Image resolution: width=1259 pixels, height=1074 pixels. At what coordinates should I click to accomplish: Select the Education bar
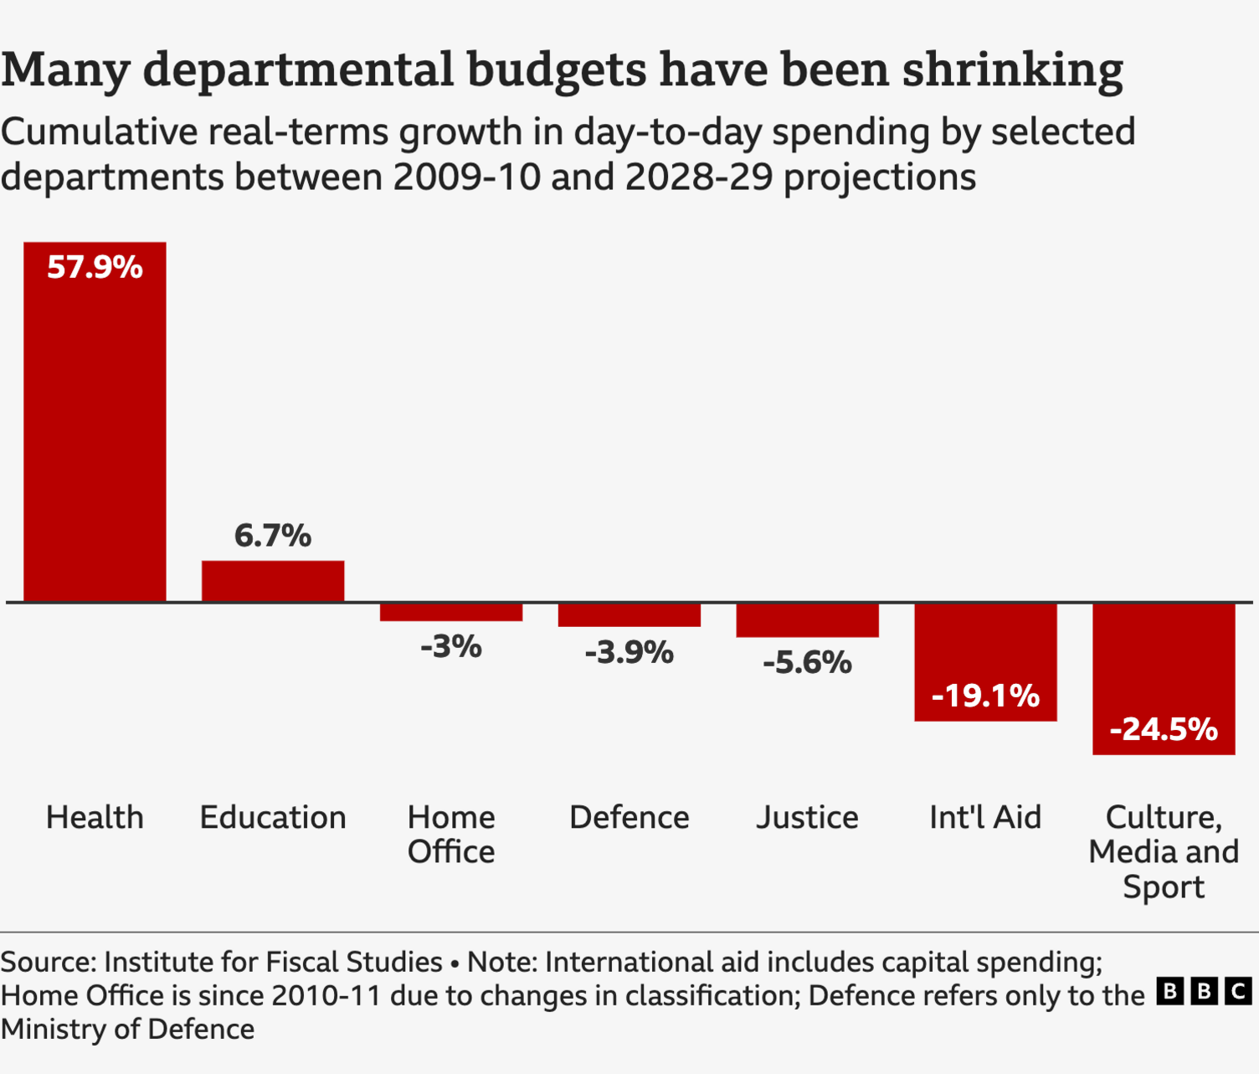(x=273, y=581)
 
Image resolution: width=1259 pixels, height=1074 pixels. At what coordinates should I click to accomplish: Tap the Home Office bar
(x=451, y=612)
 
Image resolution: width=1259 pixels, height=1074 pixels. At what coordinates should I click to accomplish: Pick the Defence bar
(x=629, y=614)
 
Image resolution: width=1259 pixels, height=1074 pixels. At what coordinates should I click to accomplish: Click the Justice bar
(x=808, y=620)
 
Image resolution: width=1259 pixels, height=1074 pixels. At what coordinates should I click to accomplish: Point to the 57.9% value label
(x=95, y=268)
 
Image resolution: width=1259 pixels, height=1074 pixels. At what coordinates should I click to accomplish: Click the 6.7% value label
(x=273, y=536)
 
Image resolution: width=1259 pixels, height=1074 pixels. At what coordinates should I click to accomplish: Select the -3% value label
(x=451, y=647)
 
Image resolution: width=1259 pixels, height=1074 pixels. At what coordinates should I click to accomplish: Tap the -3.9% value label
(x=629, y=653)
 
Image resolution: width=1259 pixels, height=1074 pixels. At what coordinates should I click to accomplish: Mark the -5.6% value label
(x=808, y=663)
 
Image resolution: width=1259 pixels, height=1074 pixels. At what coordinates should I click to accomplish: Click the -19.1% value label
(x=985, y=696)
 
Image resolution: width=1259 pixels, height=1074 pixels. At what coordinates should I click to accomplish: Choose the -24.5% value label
(x=1164, y=729)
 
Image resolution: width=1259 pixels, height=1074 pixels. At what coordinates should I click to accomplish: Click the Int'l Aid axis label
(x=985, y=817)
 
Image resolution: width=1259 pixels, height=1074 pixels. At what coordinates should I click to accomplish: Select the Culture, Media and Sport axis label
(x=1164, y=851)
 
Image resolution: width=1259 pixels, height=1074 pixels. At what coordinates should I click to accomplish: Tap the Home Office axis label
(x=451, y=835)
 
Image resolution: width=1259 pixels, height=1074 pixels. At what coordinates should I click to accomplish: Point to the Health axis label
(x=95, y=817)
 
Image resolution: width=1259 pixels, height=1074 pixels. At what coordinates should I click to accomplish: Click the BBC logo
(x=1205, y=992)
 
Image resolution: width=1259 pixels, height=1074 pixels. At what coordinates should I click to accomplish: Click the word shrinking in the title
(x=1013, y=70)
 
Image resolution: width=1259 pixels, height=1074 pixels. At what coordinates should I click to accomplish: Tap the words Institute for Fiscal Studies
(x=273, y=963)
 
